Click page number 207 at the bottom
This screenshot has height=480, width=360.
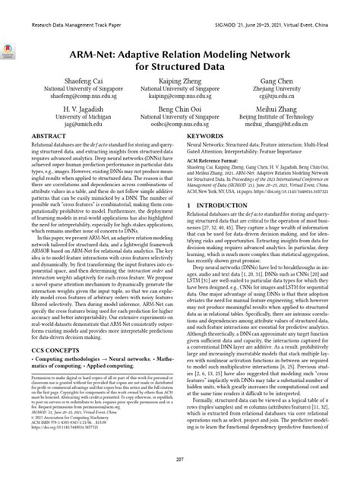pos(180,460)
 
